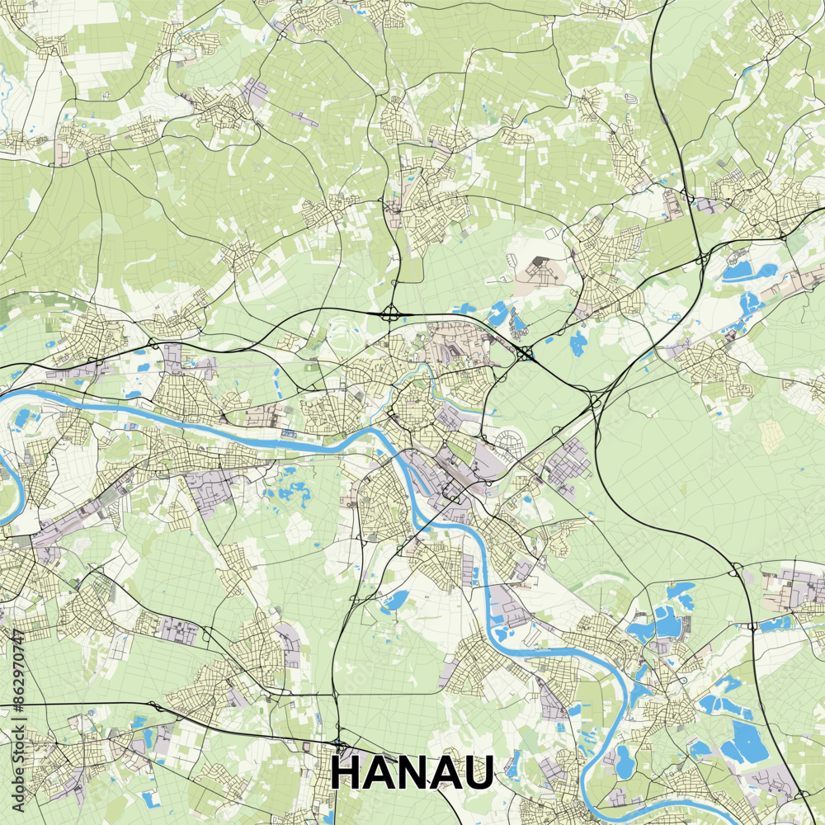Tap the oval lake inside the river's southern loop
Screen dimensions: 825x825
point(625,762)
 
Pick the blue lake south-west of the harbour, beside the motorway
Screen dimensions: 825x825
point(395,601)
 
